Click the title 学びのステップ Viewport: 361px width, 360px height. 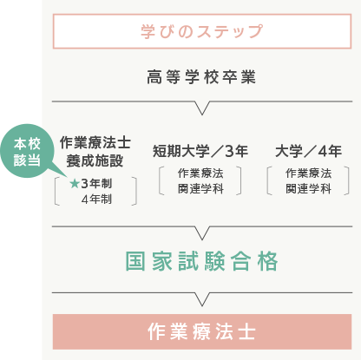pos(202,31)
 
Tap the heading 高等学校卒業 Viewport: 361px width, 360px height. pos(201,77)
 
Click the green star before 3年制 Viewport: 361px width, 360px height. pos(75,183)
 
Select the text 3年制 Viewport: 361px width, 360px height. pos(96,183)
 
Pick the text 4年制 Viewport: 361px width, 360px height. pos(96,199)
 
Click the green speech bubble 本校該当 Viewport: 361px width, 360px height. pos(27,151)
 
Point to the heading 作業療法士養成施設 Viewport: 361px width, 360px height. pos(95,152)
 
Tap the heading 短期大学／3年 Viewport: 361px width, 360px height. pos(200,151)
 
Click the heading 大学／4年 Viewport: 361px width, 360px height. pos(308,151)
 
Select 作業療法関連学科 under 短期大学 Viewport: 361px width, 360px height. pos(200,181)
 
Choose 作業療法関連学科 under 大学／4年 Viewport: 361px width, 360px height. pos(308,181)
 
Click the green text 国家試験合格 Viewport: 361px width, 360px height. pos(201,261)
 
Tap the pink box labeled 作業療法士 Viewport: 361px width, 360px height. pos(202,331)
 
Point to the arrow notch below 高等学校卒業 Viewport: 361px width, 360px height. pos(202,108)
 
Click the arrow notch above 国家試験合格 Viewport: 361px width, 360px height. pos(202,233)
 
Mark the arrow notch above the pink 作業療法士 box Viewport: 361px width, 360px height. pos(202,299)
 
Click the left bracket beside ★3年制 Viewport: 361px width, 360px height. pos(56,191)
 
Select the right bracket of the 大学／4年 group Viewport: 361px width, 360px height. pos(347,180)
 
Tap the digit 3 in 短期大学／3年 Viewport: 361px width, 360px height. pos(229,151)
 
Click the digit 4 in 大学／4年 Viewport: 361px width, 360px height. pos(323,151)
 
